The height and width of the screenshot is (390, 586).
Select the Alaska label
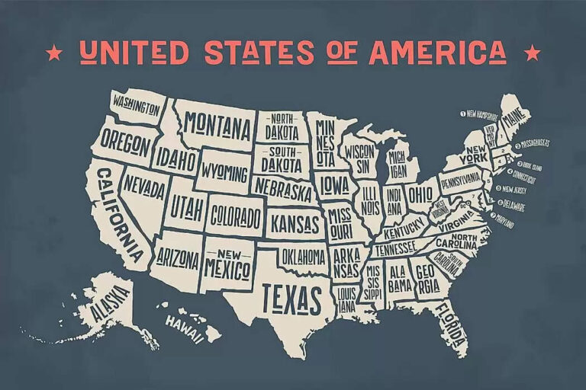point(110,305)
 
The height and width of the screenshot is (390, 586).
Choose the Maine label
point(514,119)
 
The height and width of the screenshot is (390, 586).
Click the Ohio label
point(419,194)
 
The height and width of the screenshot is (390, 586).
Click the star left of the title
point(54,53)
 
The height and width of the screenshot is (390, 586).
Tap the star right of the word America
point(533,53)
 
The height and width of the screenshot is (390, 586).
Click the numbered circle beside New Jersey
point(498,188)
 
